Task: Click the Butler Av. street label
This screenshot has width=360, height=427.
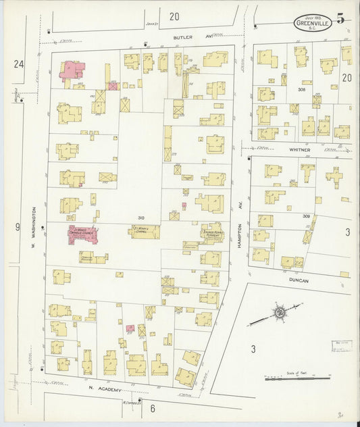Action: (183, 38)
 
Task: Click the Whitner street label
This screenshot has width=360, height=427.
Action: (299, 149)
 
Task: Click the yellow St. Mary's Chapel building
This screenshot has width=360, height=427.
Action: (144, 232)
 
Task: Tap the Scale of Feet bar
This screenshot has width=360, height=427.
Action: (297, 378)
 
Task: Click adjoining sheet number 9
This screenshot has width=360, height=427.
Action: (18, 227)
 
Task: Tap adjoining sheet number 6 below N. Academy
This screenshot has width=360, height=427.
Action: (153, 408)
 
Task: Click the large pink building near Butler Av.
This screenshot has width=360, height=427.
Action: (73, 70)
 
